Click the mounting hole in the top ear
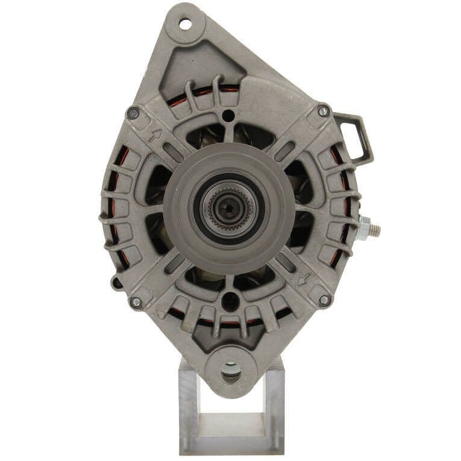point(185,24)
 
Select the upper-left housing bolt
point(134,113)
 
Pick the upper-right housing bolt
point(324,111)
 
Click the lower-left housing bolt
point(136,302)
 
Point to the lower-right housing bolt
point(324,299)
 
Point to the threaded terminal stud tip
point(377,229)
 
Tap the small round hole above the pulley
point(228,115)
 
